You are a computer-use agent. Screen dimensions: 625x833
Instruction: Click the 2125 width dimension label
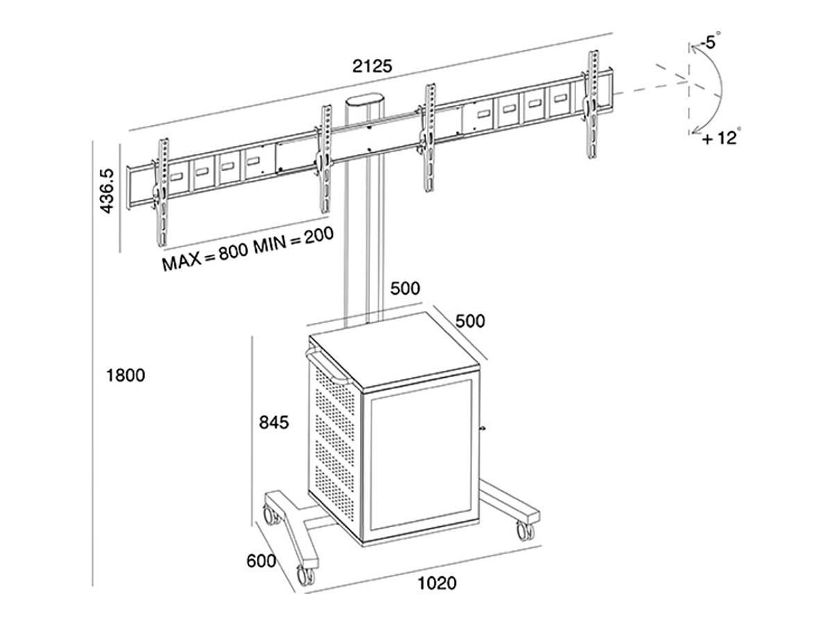pos(373,66)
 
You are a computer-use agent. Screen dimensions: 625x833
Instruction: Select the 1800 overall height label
pos(125,376)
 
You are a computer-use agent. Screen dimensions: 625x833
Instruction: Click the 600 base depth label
pos(261,560)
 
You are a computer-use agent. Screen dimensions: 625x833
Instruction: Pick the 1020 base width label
pos(437,583)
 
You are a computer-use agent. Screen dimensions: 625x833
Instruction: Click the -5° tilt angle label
pos(708,43)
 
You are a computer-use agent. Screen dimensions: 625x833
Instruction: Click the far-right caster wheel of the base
pos(525,531)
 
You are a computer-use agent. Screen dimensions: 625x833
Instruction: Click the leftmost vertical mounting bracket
pos(161,191)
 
